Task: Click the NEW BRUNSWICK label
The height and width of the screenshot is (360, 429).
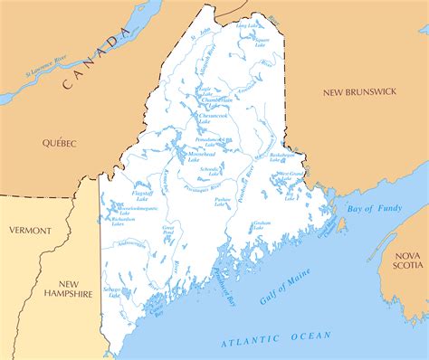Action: [x=361, y=92]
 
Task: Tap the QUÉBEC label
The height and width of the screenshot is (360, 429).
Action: [x=59, y=143]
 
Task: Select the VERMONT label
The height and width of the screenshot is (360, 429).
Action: [x=30, y=231]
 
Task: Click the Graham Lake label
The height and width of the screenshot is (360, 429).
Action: [x=262, y=223]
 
